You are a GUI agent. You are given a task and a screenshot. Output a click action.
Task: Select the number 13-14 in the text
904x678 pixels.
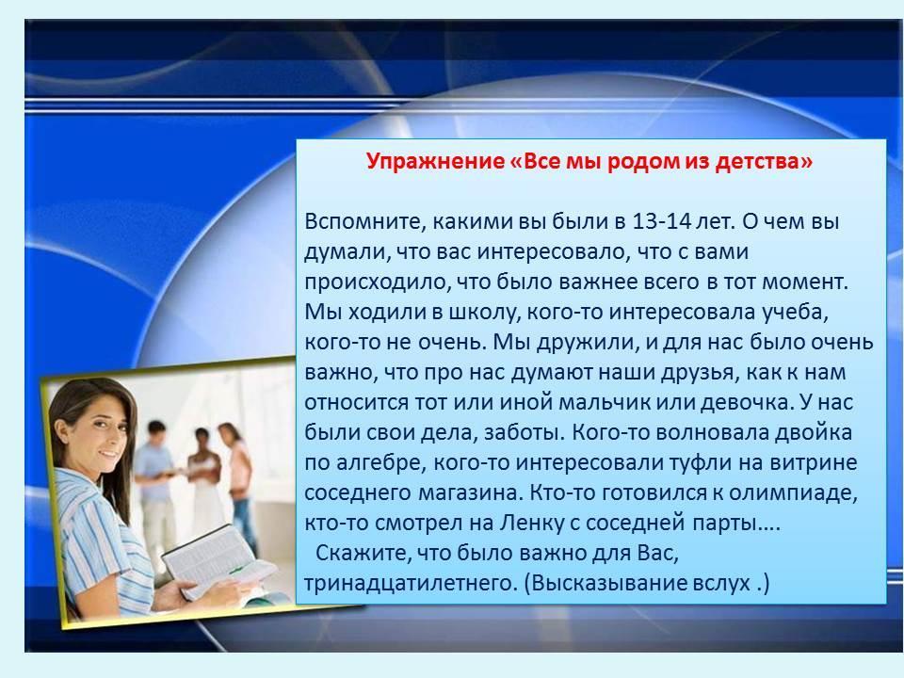pyautogui.click(x=661, y=221)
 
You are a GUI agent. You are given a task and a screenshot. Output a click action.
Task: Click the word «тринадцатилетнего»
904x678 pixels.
pyautogui.click(x=411, y=583)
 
